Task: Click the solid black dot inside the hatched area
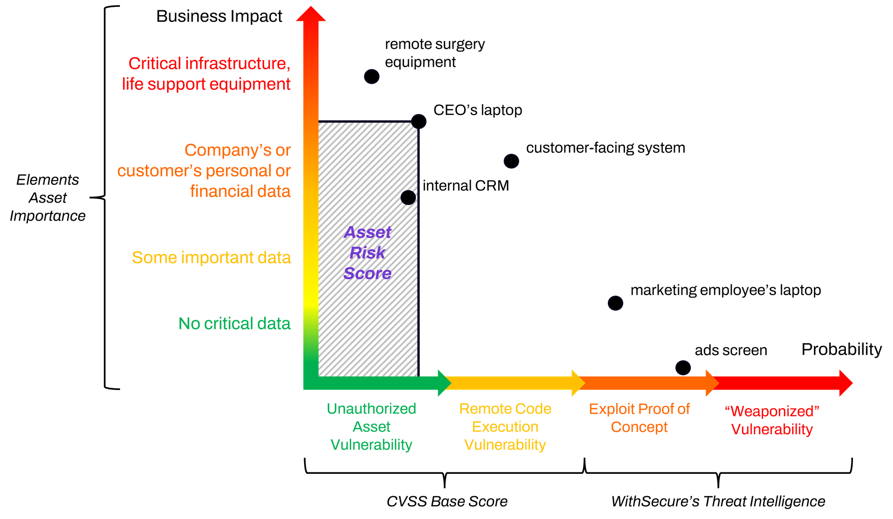(x=408, y=197)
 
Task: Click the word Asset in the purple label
(x=367, y=232)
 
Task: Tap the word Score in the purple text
(x=367, y=273)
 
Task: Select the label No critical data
(x=234, y=324)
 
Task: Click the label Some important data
(x=212, y=257)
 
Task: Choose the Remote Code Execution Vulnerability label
(x=505, y=427)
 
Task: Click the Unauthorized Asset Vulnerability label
(x=371, y=427)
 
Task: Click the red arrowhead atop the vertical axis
(x=311, y=14)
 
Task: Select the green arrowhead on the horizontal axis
(x=444, y=383)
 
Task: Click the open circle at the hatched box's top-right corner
(x=419, y=121)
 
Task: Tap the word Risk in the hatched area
(x=367, y=253)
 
